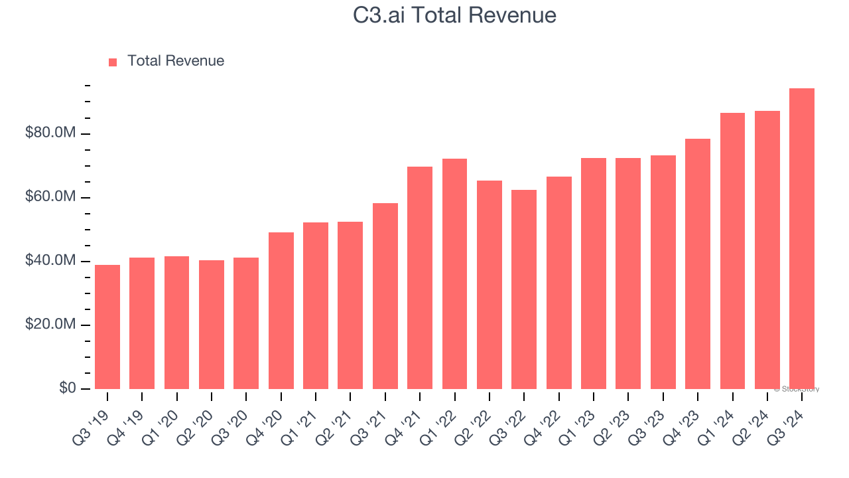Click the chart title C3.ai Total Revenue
click(x=454, y=15)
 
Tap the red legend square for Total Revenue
click(x=113, y=62)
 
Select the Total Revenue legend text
click(x=176, y=61)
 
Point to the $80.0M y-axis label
click(x=50, y=133)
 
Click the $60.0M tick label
click(x=50, y=197)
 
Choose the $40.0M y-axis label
click(x=50, y=261)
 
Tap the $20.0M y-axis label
click(x=50, y=325)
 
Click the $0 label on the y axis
click(x=67, y=388)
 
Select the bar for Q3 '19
click(x=107, y=327)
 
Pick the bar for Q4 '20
click(x=281, y=310)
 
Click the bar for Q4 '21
click(x=420, y=278)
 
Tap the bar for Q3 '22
click(x=524, y=289)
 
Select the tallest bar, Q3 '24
click(x=802, y=238)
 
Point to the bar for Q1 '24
click(x=732, y=250)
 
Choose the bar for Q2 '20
click(x=212, y=324)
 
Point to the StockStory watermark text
click(x=797, y=389)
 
